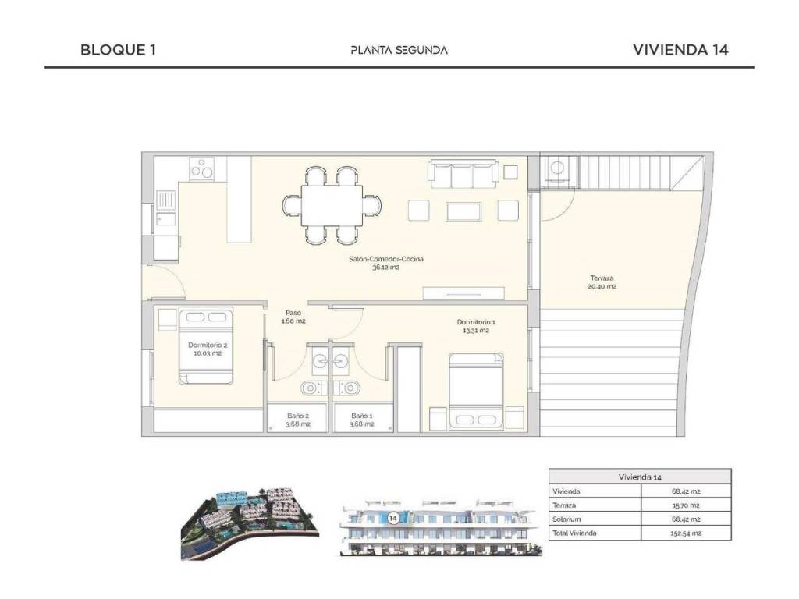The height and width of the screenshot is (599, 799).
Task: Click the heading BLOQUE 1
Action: pyautogui.click(x=119, y=49)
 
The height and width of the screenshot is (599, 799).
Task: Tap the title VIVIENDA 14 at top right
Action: pyautogui.click(x=680, y=49)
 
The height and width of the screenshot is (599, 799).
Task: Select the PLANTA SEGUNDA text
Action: pyautogui.click(x=399, y=50)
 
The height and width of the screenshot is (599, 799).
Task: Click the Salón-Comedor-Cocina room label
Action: pyautogui.click(x=385, y=259)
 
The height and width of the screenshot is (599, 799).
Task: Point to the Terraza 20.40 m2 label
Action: pyautogui.click(x=602, y=282)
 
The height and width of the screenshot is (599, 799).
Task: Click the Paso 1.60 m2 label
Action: pyautogui.click(x=293, y=317)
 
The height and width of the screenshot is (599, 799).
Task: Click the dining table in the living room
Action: pyautogui.click(x=332, y=206)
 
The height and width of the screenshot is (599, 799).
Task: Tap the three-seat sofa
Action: pyautogui.click(x=463, y=174)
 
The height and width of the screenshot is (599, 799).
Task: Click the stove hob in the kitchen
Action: pyautogui.click(x=202, y=168)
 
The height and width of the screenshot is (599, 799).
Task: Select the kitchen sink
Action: pyautogui.click(x=165, y=208)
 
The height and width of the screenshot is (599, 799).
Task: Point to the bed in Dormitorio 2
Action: pyautogui.click(x=206, y=345)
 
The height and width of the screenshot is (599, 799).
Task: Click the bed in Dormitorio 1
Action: pyautogui.click(x=476, y=392)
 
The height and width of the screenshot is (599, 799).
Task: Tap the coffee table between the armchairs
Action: pyautogui.click(x=463, y=211)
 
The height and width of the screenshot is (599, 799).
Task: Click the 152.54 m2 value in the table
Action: pyautogui.click(x=686, y=533)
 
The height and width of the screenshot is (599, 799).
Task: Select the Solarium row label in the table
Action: pyautogui.click(x=566, y=519)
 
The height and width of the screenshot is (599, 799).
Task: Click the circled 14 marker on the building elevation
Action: pyautogui.click(x=393, y=519)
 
